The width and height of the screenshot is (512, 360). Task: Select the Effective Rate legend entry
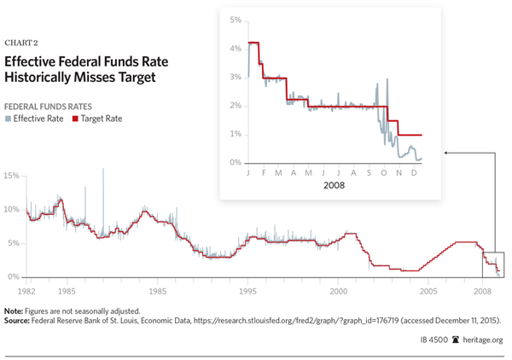tap(37, 119)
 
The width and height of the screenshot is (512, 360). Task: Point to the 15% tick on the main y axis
tap(12, 176)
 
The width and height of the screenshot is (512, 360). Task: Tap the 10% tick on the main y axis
tap(12, 209)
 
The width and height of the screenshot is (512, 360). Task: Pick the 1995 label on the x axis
tap(248, 292)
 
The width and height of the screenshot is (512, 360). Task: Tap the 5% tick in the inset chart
tap(236, 20)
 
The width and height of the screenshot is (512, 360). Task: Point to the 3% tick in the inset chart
tap(236, 77)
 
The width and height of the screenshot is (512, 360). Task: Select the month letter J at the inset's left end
tap(247, 172)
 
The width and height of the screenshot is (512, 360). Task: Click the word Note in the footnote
tap(14, 311)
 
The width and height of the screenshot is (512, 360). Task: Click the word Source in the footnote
tap(18, 320)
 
